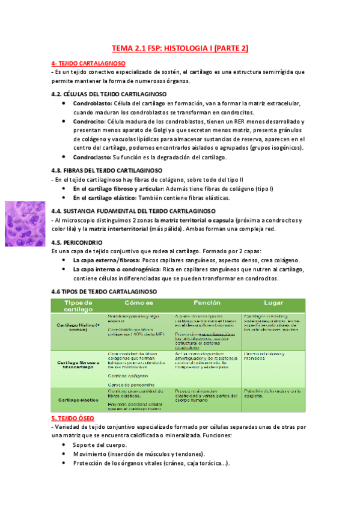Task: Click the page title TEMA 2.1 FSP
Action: tap(180, 48)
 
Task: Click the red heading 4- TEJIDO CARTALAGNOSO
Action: tap(88, 63)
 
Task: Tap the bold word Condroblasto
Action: tap(93, 103)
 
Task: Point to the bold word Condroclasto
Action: tap(92, 158)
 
